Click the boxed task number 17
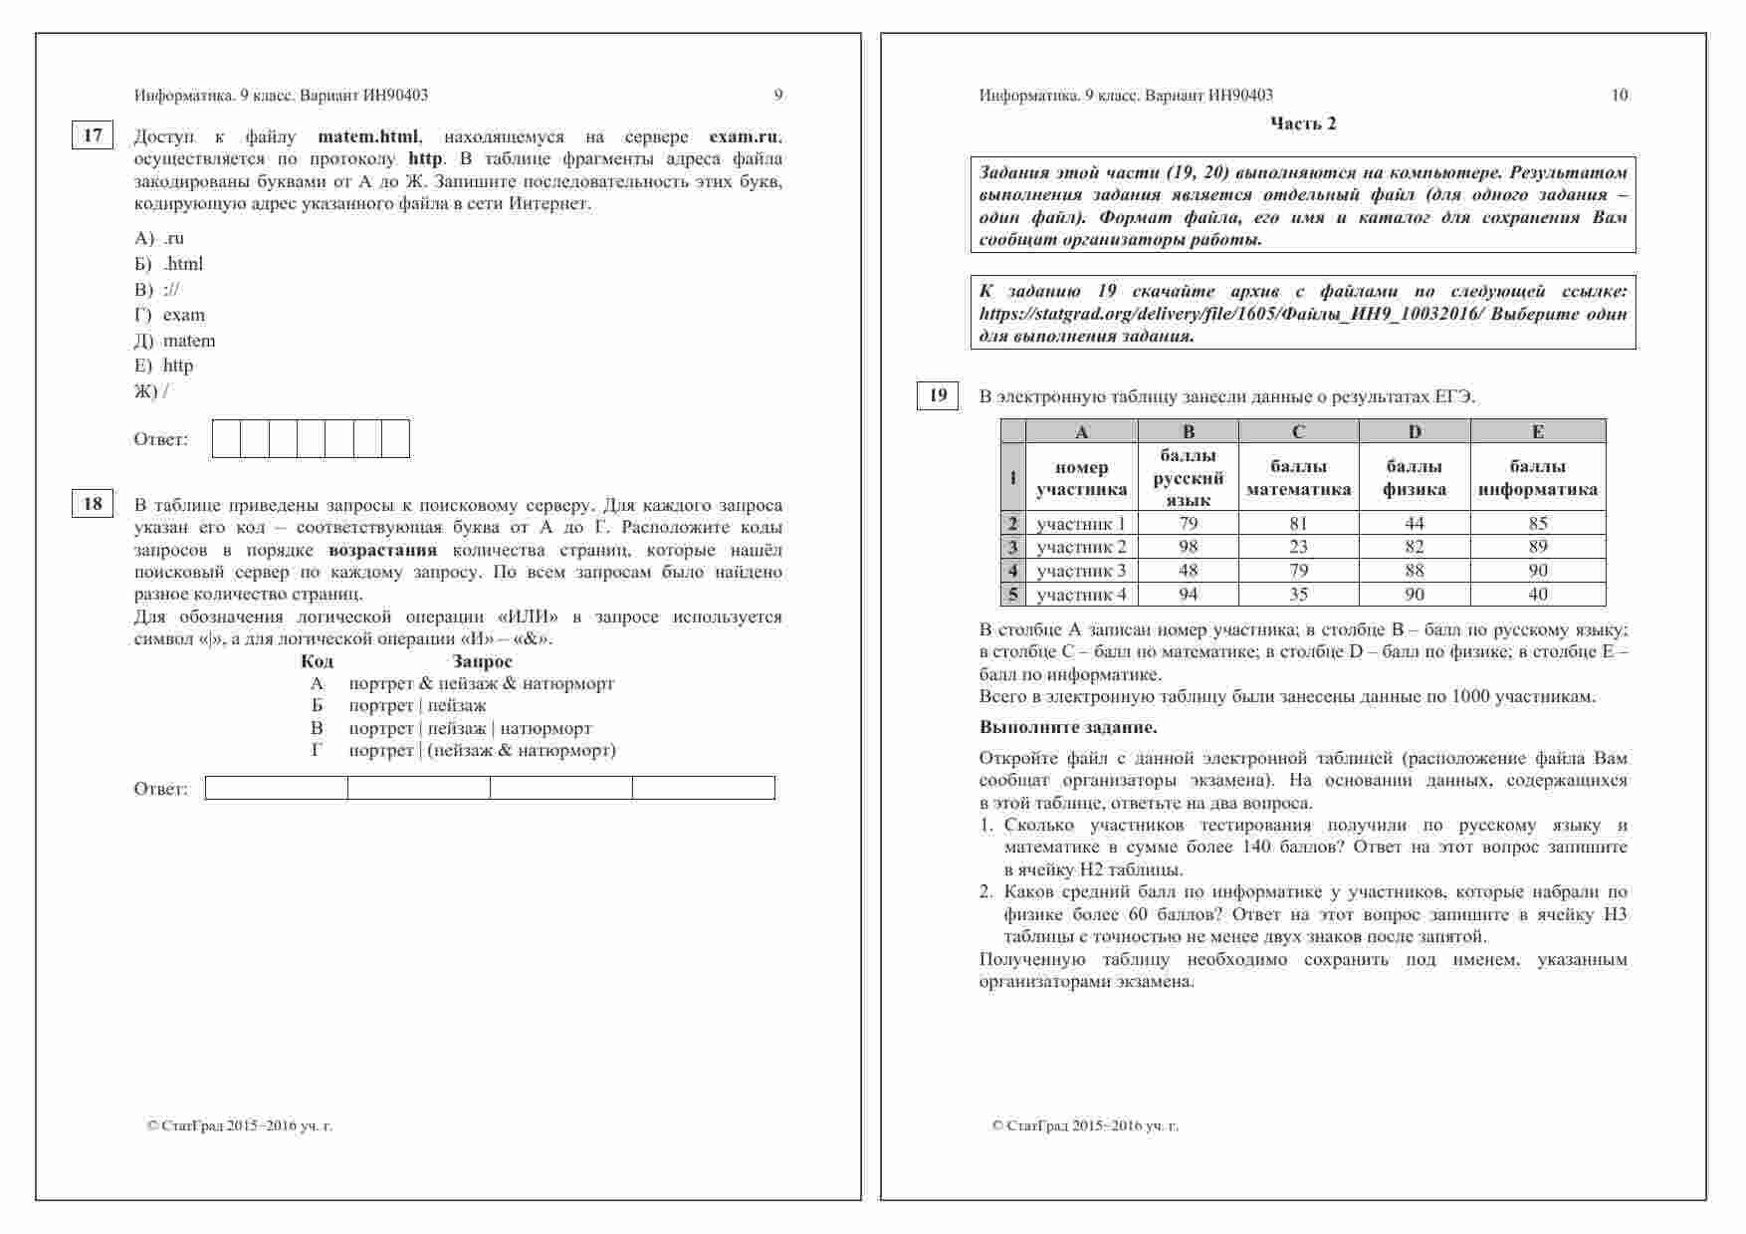[93, 135]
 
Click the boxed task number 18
[93, 504]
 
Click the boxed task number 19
[938, 395]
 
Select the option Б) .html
[169, 264]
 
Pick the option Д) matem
[175, 341]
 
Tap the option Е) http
[164, 366]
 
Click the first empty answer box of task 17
[227, 439]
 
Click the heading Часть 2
[1303, 123]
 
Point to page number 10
[1620, 96]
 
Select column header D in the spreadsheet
[1415, 432]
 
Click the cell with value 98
[1189, 547]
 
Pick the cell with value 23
[1298, 547]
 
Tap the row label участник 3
[1081, 571]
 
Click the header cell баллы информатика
[1538, 477]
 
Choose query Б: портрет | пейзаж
[417, 706]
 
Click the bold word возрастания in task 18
[382, 550]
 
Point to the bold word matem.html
[368, 136]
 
